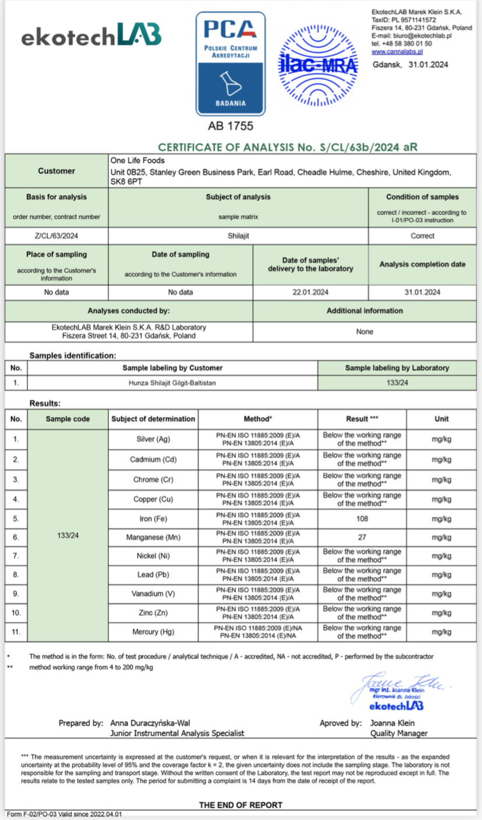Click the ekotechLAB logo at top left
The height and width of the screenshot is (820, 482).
[x=91, y=36]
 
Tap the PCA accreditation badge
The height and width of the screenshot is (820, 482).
[x=231, y=64]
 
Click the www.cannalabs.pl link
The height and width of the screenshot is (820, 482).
[x=397, y=51]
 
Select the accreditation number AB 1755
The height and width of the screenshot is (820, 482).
[x=231, y=125]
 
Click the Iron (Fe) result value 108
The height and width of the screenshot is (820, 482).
[x=361, y=519]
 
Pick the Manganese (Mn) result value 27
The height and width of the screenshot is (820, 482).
[x=361, y=538]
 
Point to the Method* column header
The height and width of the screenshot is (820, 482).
[x=257, y=419]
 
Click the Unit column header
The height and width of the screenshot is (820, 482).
[x=441, y=419]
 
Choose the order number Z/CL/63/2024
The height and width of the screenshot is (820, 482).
[x=56, y=236]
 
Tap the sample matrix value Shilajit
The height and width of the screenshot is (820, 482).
[x=238, y=236]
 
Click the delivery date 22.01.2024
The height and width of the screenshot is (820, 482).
[x=310, y=292]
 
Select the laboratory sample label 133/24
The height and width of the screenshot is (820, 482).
[x=398, y=383]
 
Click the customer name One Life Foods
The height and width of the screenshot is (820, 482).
[x=137, y=161]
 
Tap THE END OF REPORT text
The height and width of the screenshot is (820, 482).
[x=240, y=805]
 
